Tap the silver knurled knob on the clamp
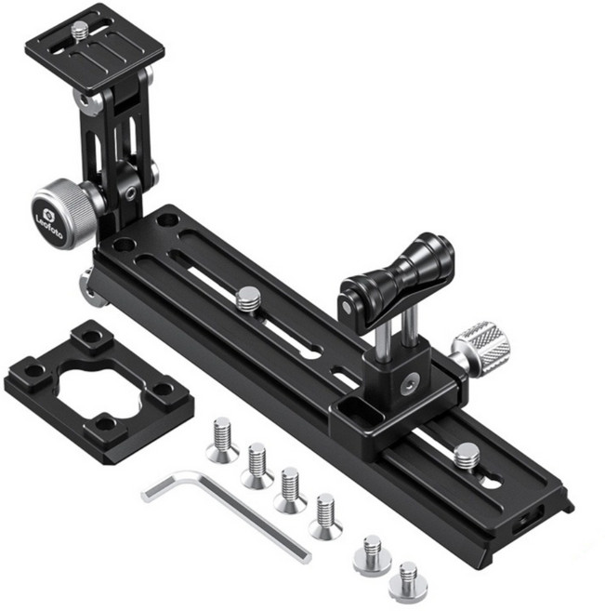(482, 344)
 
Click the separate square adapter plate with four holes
(99, 392)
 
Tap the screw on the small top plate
(80, 29)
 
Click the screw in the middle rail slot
(248, 299)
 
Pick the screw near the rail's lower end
(467, 456)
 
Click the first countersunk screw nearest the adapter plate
(223, 440)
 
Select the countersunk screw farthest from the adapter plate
(325, 517)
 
